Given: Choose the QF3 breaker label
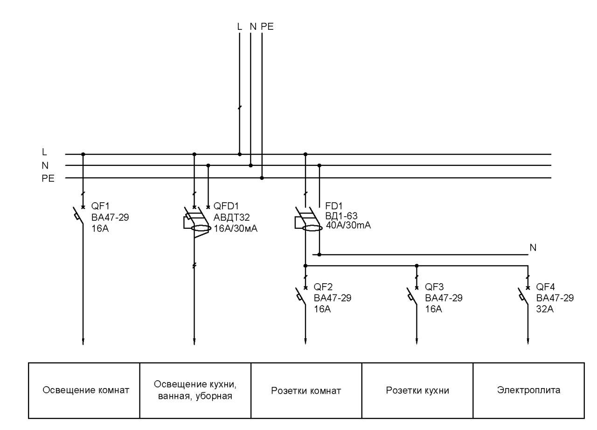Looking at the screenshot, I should coord(434,287).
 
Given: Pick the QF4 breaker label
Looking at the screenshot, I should coord(546,287).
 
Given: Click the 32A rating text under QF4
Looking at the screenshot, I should coord(545,309).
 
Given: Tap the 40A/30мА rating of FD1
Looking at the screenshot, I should coord(348,225).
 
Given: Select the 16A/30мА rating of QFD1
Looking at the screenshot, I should coord(236,229).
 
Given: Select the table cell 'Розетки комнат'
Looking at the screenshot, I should coord(306,390).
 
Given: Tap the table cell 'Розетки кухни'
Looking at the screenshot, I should coord(417,390).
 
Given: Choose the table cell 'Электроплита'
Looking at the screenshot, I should coord(528,390).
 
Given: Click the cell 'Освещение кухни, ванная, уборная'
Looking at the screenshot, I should coord(195,390).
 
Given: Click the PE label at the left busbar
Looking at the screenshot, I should coord(48,178).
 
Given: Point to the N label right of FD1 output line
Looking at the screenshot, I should coord(533,247).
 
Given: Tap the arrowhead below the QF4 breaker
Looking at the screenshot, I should coord(528,342).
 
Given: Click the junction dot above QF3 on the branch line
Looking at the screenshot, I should coord(417,266).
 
